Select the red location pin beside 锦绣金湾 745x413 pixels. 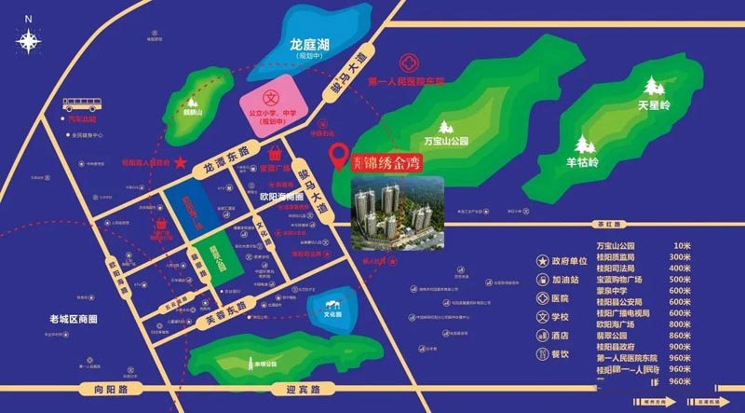pos(339,155)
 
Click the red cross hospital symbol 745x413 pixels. pos(407,65)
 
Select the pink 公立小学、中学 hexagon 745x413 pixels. pos(272,109)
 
